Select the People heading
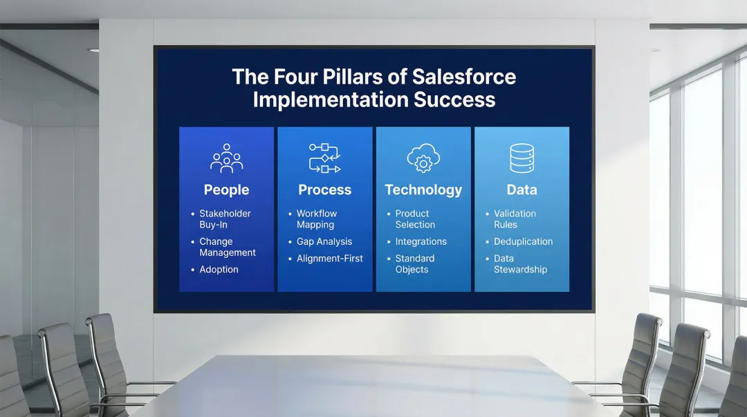pyautogui.click(x=226, y=189)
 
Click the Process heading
pyautogui.click(x=324, y=189)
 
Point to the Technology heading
pyautogui.click(x=423, y=189)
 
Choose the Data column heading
pyautogui.click(x=522, y=189)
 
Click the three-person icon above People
pyautogui.click(x=226, y=158)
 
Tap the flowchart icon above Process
pyautogui.click(x=324, y=158)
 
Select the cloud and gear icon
pyautogui.click(x=423, y=158)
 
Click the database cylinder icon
pyautogui.click(x=522, y=158)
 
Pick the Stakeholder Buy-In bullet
pyautogui.click(x=225, y=219)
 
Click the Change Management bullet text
pyautogui.click(x=227, y=247)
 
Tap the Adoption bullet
pyautogui.click(x=219, y=270)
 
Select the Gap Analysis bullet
pyautogui.click(x=324, y=241)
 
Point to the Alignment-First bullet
pyautogui.click(x=329, y=259)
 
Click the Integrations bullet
pyautogui.click(x=421, y=241)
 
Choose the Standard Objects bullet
pyautogui.click(x=414, y=264)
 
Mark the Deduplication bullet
pyautogui.click(x=523, y=241)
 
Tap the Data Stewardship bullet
pyautogui.click(x=519, y=264)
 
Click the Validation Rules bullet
pyautogui.click(x=515, y=219)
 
